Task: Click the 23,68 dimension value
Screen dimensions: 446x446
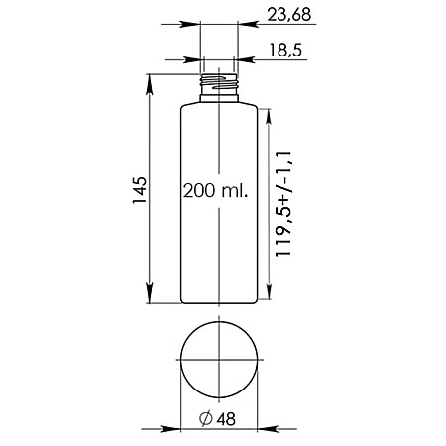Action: point(289,15)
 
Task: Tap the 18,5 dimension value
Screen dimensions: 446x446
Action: point(285,51)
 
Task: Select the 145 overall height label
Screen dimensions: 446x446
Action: point(140,190)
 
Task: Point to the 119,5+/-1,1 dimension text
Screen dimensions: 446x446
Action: point(283,203)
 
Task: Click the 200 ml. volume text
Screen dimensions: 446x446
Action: point(215,191)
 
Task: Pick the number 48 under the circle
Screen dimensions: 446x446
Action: point(226,419)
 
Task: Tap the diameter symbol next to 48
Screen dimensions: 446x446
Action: point(206,418)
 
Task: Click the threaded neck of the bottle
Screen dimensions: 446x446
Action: point(219,84)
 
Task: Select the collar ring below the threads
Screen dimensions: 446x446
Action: point(219,98)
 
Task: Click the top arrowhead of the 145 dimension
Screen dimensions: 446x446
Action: point(150,84)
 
